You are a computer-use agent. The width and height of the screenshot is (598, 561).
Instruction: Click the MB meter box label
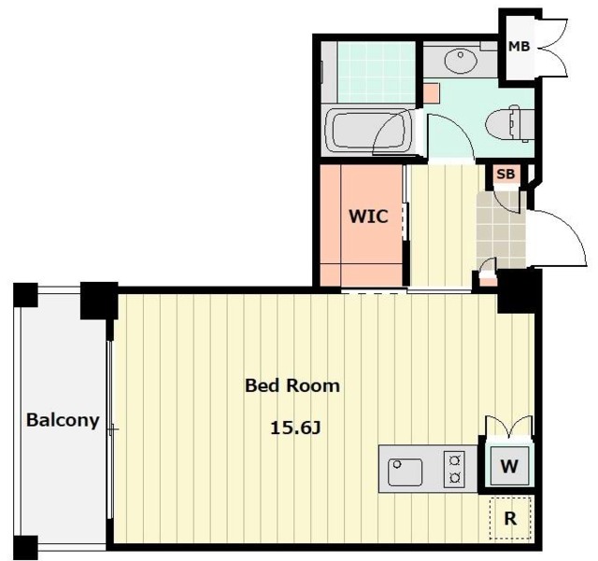(520, 46)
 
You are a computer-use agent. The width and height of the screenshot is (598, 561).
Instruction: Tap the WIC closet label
(369, 217)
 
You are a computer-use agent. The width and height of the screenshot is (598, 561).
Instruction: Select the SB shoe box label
(505, 175)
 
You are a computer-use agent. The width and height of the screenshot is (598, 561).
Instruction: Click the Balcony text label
(63, 420)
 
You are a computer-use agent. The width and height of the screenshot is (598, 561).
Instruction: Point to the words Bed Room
(292, 386)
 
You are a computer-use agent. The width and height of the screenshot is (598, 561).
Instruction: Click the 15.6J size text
(295, 428)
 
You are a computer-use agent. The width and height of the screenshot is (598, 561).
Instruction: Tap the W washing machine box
(509, 466)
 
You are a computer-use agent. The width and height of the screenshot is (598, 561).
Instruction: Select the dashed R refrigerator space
(510, 519)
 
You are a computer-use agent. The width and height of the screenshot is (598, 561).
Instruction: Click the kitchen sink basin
(405, 471)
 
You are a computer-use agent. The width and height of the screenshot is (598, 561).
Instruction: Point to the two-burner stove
(454, 469)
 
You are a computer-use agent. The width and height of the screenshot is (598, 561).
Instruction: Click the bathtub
(367, 131)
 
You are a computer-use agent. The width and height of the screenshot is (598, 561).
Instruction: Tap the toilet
(508, 124)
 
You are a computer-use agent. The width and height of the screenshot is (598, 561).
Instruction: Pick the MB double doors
(554, 47)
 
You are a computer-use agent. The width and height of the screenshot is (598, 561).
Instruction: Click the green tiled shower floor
(377, 72)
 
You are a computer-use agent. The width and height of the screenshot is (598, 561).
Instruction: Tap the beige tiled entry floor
(501, 230)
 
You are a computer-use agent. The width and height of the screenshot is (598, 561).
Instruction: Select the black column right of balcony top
(99, 301)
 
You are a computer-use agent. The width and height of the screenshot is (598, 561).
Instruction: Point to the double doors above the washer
(508, 426)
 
